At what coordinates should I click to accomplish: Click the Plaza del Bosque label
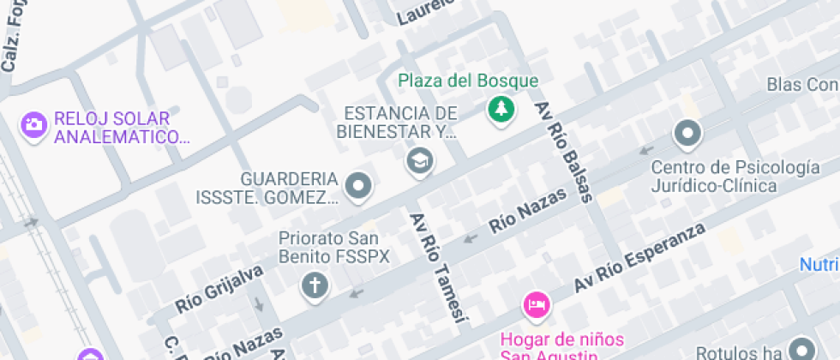point(468,81)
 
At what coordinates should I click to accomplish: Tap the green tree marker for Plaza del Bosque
point(499,110)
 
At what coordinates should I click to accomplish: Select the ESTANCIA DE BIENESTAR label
point(398,123)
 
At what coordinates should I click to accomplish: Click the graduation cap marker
point(419,159)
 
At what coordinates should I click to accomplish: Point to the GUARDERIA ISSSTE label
point(290,189)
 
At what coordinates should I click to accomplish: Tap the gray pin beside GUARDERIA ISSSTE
point(358,185)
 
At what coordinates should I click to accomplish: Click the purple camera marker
point(33,125)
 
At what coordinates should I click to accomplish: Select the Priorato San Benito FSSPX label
point(334,247)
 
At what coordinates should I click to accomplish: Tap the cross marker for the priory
point(315,285)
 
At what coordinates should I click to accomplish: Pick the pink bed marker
point(537,303)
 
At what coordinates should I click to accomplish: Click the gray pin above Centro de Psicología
point(687,133)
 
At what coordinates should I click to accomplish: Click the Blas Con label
point(801,85)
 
